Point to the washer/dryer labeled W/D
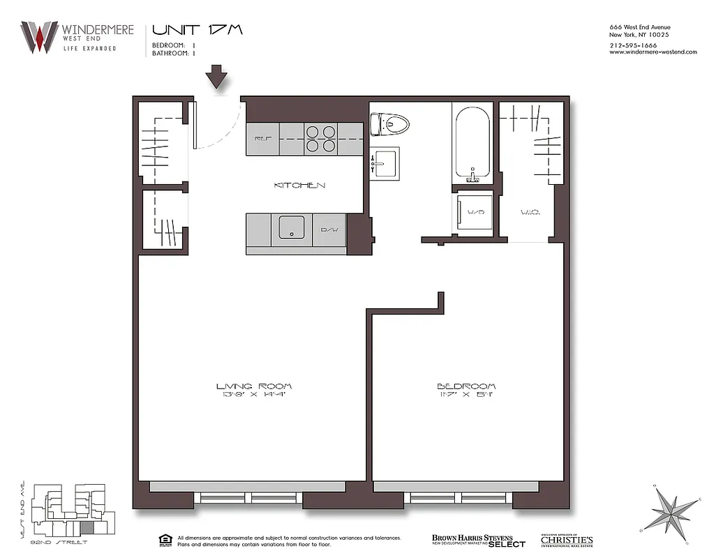point(475,211)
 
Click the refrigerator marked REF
point(262,139)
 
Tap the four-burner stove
point(320,139)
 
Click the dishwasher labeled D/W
point(329,229)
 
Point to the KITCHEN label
point(299,186)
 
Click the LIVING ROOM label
point(254,386)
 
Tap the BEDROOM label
point(466,386)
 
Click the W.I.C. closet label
point(530,211)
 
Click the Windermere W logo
point(39,36)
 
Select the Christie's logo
point(566,541)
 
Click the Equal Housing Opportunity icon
point(165,540)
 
